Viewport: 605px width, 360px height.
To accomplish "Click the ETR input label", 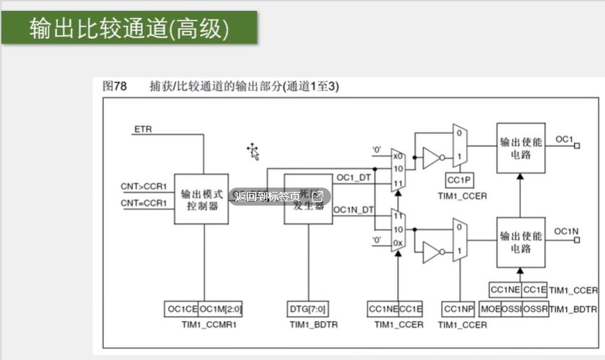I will click(x=142, y=129).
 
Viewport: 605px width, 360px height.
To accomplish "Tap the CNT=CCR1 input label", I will click(x=144, y=203).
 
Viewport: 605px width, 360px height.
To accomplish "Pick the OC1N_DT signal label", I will click(x=354, y=210).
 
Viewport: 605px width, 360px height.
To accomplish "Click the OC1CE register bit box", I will click(x=181, y=309).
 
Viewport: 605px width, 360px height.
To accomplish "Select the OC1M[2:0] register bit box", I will click(x=220, y=309).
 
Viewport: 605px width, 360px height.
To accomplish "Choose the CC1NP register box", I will click(x=459, y=309).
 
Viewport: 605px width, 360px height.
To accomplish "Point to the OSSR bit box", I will click(x=535, y=309).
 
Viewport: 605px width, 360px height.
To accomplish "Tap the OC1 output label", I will click(x=564, y=139).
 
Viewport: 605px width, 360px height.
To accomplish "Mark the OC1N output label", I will click(x=567, y=232).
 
